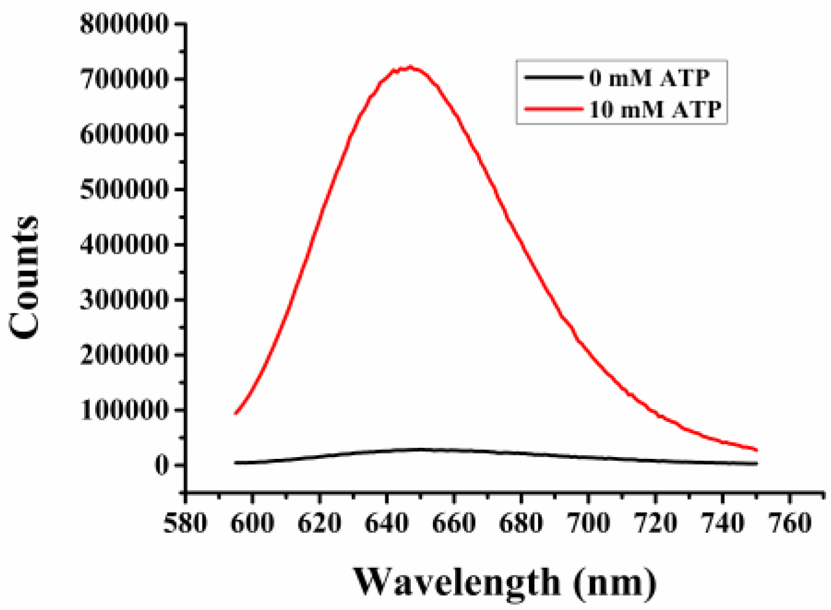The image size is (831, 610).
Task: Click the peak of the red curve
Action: click(409, 67)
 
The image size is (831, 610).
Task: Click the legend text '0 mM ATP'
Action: click(649, 78)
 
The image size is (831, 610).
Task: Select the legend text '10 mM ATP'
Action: click(655, 109)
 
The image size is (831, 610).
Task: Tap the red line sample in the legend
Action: click(553, 109)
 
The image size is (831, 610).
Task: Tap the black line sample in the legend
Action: click(553, 77)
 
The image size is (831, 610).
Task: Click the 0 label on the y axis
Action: click(161, 465)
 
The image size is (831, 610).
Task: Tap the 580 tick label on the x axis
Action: click(185, 523)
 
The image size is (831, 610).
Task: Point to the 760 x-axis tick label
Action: click(790, 523)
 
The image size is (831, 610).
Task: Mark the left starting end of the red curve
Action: click(236, 413)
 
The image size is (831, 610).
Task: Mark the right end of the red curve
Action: click(756, 450)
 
